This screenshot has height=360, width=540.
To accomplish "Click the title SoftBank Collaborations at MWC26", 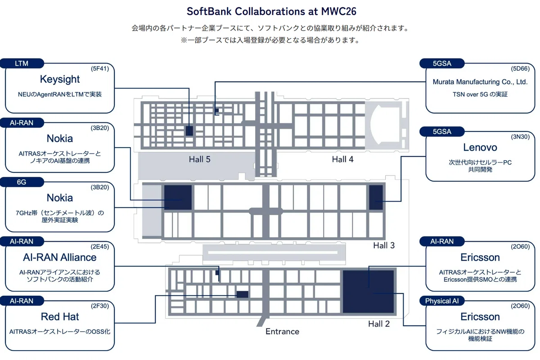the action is point(271,11).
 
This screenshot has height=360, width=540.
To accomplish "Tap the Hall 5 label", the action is point(200,159).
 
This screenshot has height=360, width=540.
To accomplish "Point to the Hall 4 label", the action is point(342,159).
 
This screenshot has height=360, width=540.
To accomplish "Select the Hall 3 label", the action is point(384,245).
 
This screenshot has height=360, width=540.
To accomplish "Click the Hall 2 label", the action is point(379,324).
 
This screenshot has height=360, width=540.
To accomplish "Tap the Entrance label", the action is point(282,332).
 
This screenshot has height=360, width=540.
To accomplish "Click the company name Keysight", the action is point(60,80).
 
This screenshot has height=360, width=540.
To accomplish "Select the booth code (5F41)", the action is point(100,69).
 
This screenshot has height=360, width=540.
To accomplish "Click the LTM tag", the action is point(22,63).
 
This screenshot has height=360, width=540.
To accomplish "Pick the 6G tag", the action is point(22,182).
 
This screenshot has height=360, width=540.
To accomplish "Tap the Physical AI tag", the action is point(441,301).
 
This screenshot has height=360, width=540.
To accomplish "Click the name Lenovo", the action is point(480,147).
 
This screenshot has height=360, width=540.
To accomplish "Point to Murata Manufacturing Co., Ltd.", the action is point(480,82).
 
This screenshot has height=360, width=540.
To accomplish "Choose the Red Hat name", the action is point(60,317).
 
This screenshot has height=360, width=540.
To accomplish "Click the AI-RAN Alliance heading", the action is point(60,257).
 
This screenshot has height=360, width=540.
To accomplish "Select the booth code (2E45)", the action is point(100,247).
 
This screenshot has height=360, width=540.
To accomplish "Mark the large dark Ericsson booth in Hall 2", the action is point(368,292).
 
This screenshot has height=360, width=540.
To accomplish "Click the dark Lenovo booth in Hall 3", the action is point(376,198).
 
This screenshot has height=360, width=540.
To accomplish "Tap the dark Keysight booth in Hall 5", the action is point(189,130).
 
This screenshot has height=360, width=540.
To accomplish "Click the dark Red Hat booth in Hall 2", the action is point(242,294).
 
